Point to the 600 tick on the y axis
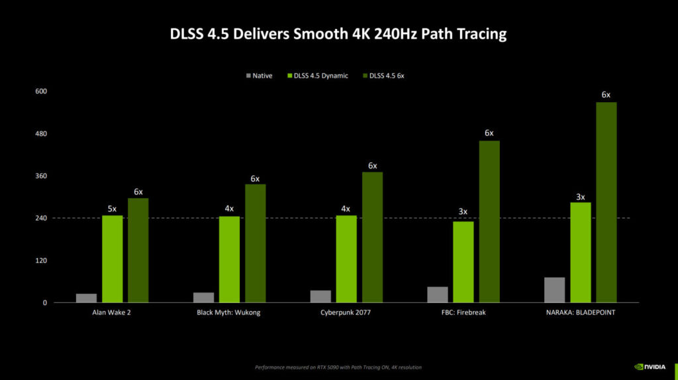(x=41, y=92)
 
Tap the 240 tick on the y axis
(x=41, y=218)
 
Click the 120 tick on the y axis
(x=41, y=261)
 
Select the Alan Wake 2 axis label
(x=112, y=312)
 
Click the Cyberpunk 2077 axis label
(x=346, y=312)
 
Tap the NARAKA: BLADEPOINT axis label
(x=580, y=312)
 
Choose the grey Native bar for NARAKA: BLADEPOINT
(x=554, y=290)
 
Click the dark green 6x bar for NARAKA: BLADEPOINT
(x=606, y=202)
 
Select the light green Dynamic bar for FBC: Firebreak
(x=463, y=262)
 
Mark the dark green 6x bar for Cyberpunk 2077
(x=372, y=237)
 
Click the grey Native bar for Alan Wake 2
(x=86, y=298)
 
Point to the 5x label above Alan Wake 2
(x=112, y=210)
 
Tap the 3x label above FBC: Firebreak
(x=463, y=212)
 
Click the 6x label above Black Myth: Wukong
(x=255, y=179)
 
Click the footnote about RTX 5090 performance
(x=338, y=367)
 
